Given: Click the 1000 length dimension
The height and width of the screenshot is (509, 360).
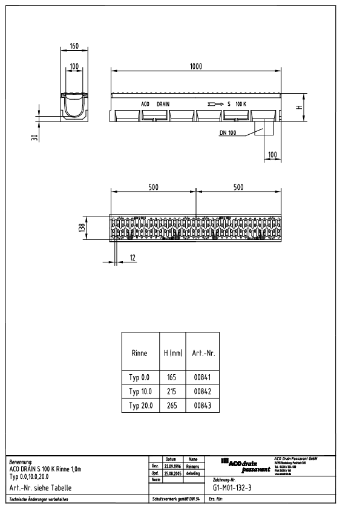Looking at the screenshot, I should tap(196, 66).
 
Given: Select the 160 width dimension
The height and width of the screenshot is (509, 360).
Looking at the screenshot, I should tap(74, 46).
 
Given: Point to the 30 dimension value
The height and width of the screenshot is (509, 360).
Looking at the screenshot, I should tap(34, 137).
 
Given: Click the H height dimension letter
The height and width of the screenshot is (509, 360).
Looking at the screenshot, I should tap(298, 107).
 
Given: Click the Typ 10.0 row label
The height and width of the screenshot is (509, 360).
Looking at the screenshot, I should tap(140, 392).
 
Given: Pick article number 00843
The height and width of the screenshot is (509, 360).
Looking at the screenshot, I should tap(202, 406).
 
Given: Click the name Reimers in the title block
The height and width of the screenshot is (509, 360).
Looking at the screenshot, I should tap(193, 467).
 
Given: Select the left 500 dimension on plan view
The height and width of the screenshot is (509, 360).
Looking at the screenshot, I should tap(153, 187).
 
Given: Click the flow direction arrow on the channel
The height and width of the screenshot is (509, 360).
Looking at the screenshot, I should tap(215, 104).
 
